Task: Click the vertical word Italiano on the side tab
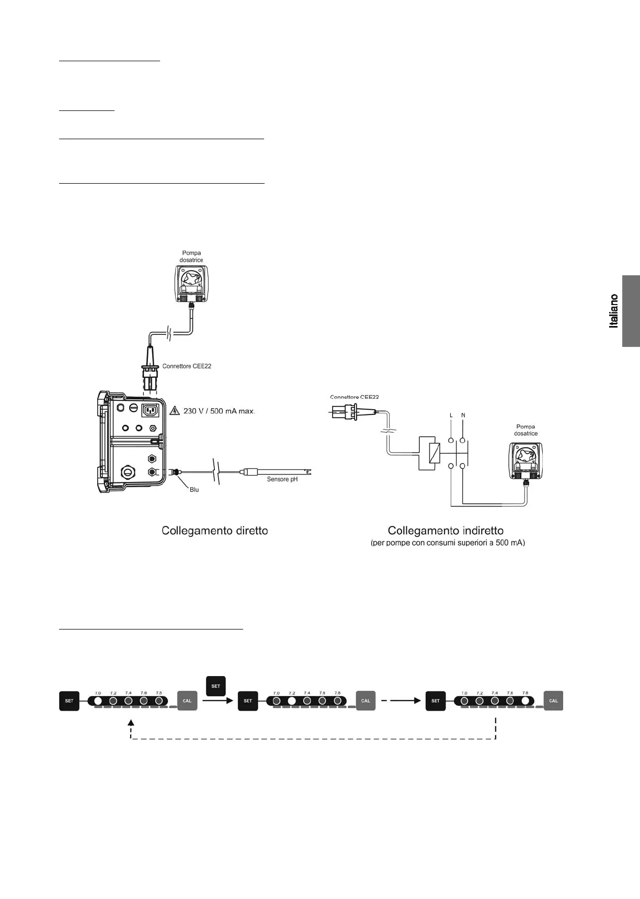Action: click(614, 311)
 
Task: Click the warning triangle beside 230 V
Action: click(175, 410)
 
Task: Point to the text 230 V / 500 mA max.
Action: click(219, 411)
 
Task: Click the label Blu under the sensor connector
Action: click(194, 490)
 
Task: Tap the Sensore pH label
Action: click(282, 479)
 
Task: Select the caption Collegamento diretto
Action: click(215, 531)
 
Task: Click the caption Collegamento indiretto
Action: click(445, 531)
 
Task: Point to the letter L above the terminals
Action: click(451, 415)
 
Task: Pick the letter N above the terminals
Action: click(463, 415)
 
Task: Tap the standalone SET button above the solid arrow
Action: click(215, 686)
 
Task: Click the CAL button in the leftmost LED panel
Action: click(187, 701)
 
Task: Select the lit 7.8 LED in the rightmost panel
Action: click(525, 701)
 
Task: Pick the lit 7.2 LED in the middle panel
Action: click(292, 701)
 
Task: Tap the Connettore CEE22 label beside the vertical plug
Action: click(187, 366)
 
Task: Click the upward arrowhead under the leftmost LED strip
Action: click(131, 723)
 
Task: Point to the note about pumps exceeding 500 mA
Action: click(448, 543)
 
